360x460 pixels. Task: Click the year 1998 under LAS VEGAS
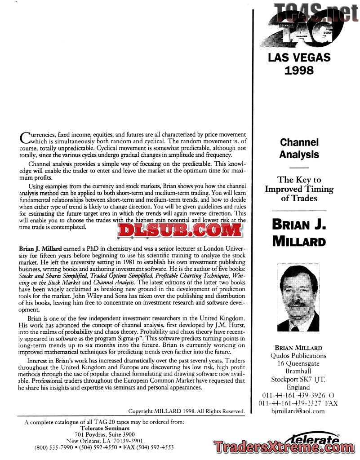299,70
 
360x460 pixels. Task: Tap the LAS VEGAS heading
299,57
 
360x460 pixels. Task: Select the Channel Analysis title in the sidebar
299,148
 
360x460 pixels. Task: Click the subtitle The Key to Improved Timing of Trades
299,189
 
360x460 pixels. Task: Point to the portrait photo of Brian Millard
298,299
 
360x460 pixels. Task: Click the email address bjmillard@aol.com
298,411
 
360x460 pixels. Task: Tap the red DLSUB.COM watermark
180,230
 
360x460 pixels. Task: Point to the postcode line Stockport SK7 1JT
298,380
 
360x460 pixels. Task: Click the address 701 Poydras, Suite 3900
105,434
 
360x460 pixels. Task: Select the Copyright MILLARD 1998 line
186,411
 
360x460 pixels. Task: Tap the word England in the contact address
298,387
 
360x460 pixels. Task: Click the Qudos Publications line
298,356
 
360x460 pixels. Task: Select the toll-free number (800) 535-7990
53,447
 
